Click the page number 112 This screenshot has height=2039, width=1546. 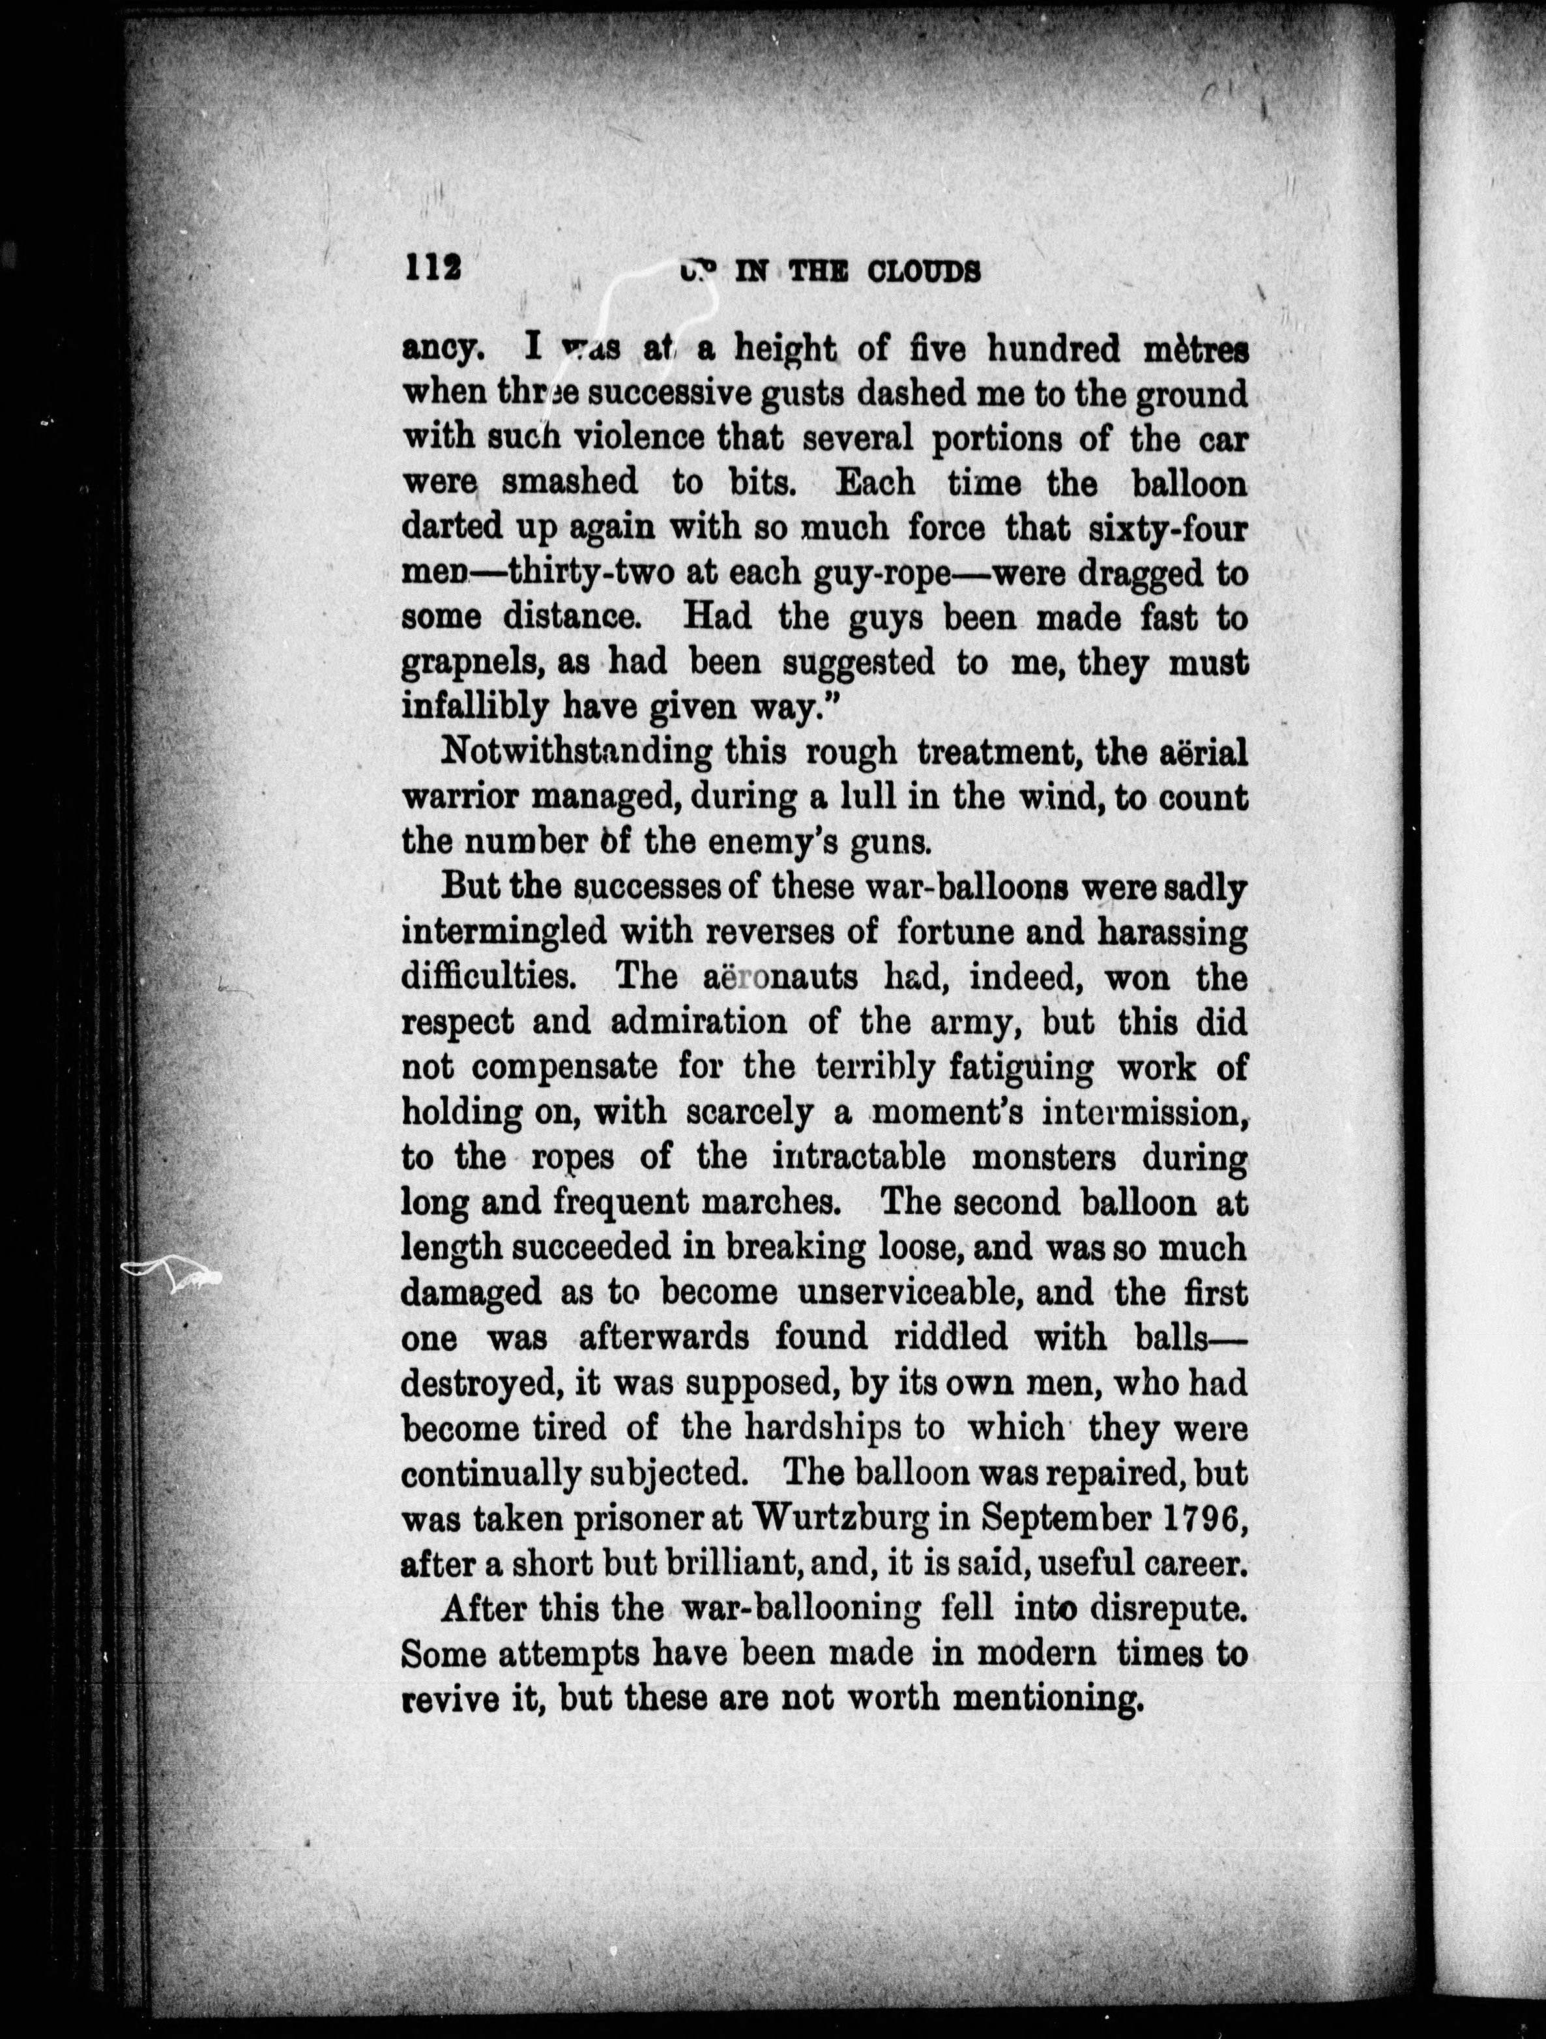(431, 269)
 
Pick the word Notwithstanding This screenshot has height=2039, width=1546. (577, 753)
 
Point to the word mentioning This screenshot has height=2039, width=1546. (1042, 1699)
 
